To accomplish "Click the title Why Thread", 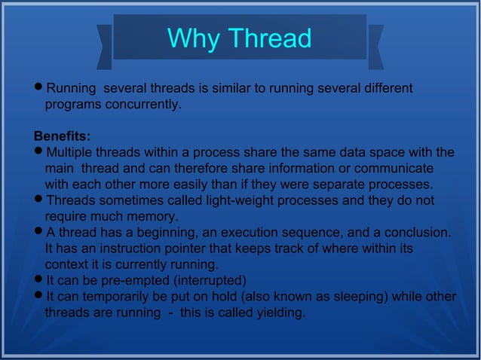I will point(239,38).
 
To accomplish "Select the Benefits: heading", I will point(63,137).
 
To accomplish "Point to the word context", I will point(67,264).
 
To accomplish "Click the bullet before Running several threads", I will point(38,89).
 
